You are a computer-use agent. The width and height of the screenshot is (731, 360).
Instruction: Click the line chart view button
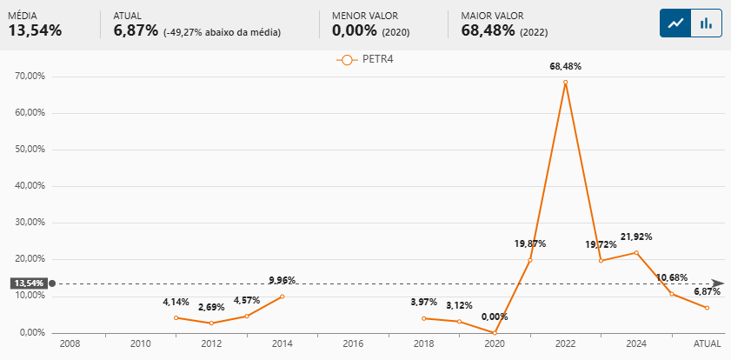tap(675, 23)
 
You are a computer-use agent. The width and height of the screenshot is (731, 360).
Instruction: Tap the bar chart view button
tap(707, 23)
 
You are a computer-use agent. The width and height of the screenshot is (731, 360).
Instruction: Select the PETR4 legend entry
tap(365, 60)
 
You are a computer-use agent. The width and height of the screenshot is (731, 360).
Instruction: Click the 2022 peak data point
tap(565, 83)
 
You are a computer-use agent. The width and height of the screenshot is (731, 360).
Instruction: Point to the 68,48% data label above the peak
tap(565, 66)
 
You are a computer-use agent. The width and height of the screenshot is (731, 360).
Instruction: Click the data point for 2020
tap(495, 332)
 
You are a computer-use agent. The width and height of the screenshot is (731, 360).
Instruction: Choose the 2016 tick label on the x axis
tap(353, 344)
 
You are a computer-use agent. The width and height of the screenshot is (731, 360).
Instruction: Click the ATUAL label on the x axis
tap(707, 344)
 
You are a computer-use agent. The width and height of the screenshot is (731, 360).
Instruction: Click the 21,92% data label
tap(636, 237)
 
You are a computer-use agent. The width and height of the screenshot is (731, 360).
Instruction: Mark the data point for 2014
tap(282, 297)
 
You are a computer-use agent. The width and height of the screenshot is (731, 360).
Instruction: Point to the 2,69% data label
tap(211, 307)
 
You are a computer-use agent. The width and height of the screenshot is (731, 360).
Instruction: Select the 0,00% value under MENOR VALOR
tap(354, 30)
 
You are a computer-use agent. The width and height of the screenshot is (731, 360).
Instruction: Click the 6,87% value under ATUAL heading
tap(136, 30)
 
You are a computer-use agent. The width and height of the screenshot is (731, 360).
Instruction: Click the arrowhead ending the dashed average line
tap(718, 283)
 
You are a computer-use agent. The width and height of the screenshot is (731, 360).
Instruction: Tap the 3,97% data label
tap(424, 302)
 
